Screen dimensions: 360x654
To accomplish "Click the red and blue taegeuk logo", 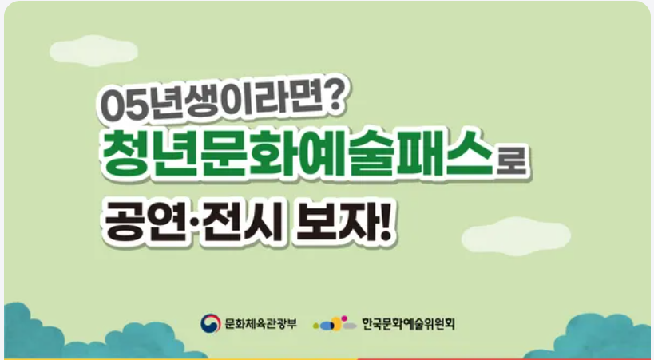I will (x=210, y=323).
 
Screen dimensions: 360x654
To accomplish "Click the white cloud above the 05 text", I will (x=94, y=49).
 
